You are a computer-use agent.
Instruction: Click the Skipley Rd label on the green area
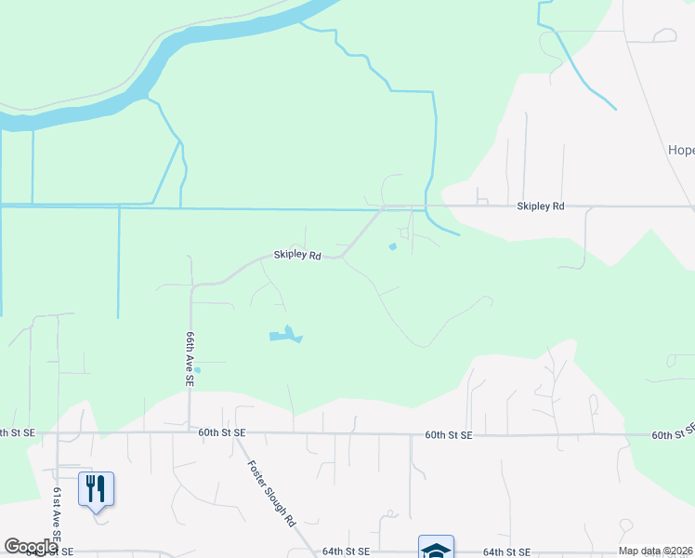(x=296, y=255)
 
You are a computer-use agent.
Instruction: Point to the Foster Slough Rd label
(x=270, y=494)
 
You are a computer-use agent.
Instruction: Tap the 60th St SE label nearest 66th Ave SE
(x=222, y=433)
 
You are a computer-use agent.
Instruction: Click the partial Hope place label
(x=681, y=151)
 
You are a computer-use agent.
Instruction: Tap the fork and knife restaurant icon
(x=96, y=487)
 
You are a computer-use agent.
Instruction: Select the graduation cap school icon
(x=436, y=548)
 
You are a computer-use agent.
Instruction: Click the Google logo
(x=31, y=547)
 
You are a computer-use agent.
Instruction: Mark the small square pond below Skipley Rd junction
(x=392, y=246)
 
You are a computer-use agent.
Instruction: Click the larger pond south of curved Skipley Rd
(x=286, y=335)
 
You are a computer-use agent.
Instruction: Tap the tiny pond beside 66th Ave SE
(x=197, y=370)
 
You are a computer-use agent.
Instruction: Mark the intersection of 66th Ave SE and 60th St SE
(x=190, y=433)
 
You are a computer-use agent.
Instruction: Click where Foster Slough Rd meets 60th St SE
(x=245, y=434)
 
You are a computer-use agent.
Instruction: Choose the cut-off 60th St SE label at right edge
(x=673, y=434)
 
